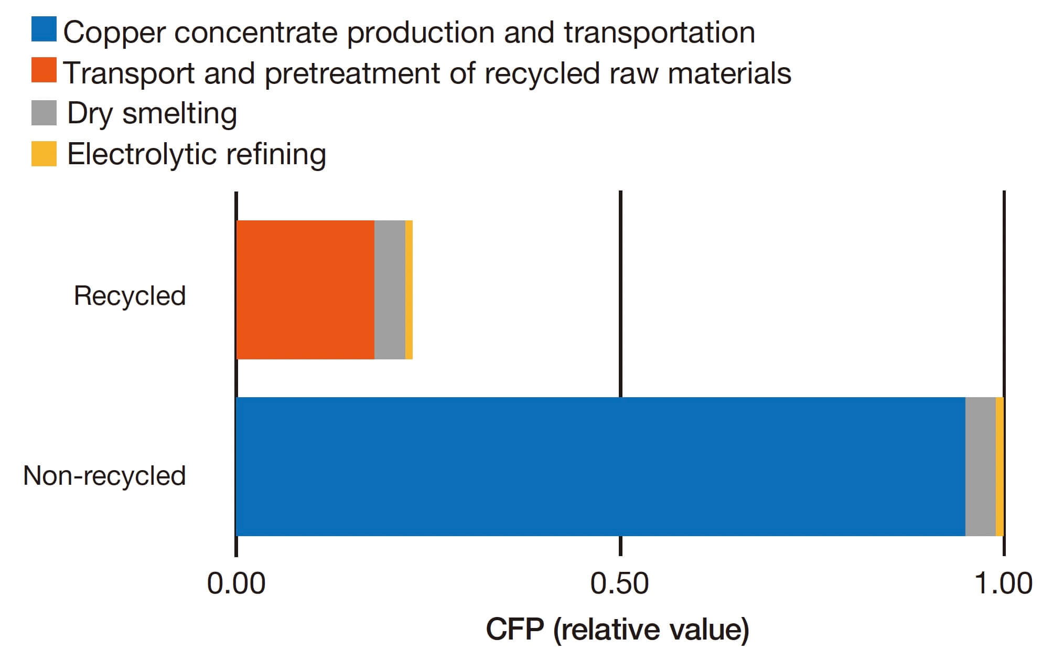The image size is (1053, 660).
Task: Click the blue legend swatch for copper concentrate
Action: [x=44, y=29]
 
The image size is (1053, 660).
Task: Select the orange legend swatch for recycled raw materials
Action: [x=44, y=70]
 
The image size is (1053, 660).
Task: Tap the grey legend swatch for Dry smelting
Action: [x=44, y=112]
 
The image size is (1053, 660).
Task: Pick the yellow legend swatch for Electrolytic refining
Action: [x=44, y=153]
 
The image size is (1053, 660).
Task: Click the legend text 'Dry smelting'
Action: [x=152, y=113]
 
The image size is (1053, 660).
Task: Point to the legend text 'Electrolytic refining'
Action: [x=197, y=154]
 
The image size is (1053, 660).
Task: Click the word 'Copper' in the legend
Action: [x=114, y=33]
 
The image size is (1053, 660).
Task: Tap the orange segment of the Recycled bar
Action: [x=305, y=290]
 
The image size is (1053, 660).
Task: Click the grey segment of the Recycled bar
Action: [x=390, y=290]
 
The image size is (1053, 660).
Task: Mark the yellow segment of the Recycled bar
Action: [x=409, y=290]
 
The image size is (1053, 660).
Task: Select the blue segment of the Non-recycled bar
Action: [x=600, y=466]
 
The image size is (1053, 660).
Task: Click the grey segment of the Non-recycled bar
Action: [x=980, y=466]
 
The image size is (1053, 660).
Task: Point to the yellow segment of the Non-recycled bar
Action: [x=1000, y=466]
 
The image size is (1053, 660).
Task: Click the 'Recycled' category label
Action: [x=130, y=295]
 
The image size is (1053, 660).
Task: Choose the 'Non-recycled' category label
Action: [x=104, y=475]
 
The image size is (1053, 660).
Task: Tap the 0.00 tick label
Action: [x=236, y=583]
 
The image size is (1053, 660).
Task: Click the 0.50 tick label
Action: [x=619, y=583]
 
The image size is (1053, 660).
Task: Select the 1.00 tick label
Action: [x=1003, y=583]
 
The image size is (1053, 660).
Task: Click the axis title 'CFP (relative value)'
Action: [x=617, y=629]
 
